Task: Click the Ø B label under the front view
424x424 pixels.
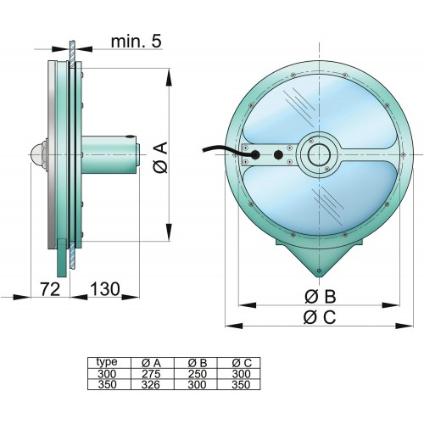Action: click(321, 296)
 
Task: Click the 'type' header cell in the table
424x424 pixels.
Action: click(107, 361)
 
